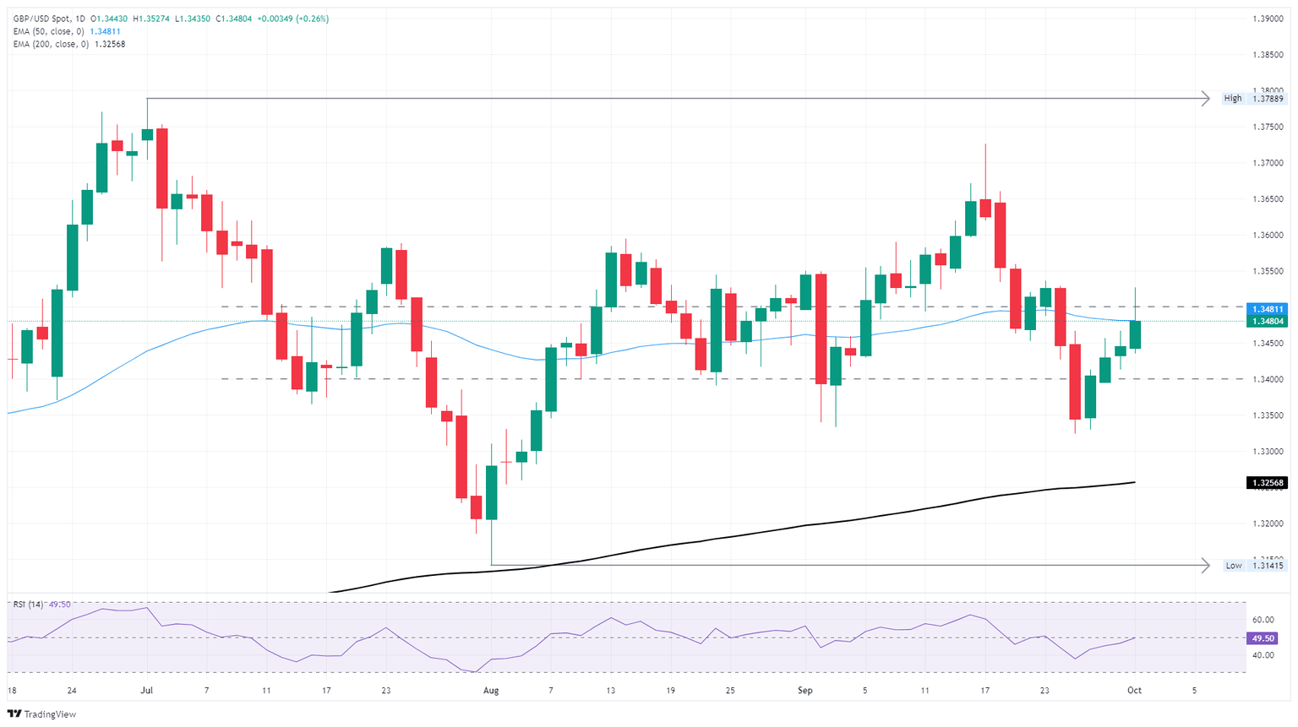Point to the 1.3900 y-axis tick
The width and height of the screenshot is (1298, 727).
click(1268, 19)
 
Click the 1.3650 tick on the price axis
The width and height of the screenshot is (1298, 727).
click(1268, 199)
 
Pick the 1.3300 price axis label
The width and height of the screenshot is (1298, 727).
click(1268, 452)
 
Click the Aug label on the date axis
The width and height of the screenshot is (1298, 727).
click(491, 691)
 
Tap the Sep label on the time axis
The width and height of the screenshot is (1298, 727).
click(804, 691)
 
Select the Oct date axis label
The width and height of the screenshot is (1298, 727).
click(1134, 691)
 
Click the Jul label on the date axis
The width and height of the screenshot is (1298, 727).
click(147, 691)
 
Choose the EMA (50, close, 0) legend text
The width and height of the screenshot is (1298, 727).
click(48, 31)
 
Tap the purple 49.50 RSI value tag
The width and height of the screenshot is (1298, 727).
click(1264, 638)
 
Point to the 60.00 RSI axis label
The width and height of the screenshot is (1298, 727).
click(1263, 620)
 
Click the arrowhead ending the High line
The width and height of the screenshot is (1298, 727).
click(1206, 99)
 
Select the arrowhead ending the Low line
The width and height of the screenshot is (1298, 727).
click(1206, 566)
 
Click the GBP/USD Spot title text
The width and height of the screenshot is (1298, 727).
click(41, 19)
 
